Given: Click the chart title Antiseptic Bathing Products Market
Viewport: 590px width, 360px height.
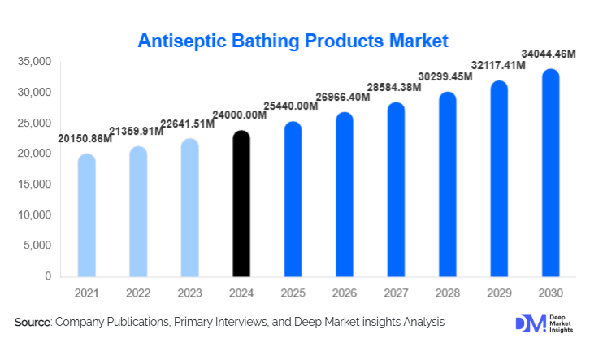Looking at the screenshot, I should click(293, 40).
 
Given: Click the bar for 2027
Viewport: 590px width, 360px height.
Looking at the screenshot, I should click(396, 190).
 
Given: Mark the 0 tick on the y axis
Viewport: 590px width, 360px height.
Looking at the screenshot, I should click(47, 276).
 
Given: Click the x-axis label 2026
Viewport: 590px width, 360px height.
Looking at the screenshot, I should click(345, 291).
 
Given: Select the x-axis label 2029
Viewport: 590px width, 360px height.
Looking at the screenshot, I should click(499, 291).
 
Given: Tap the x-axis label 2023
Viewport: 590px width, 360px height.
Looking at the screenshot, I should click(189, 291).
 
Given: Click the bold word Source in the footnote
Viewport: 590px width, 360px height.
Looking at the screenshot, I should click(32, 323).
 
